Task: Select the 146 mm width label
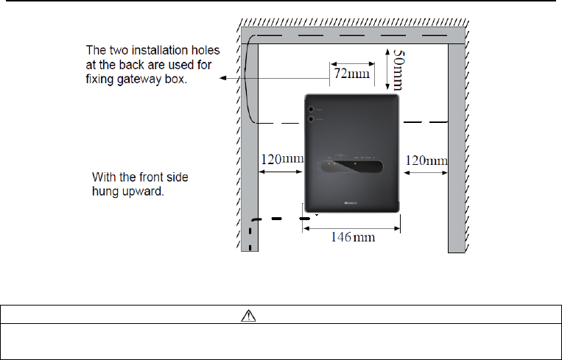tap(351, 239)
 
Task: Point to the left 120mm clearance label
tap(282, 160)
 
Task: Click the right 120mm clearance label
tap(426, 160)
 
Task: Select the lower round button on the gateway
tap(312, 119)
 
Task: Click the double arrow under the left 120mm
tap(281, 174)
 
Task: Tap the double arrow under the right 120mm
tap(426, 174)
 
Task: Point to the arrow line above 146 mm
tap(351, 227)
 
